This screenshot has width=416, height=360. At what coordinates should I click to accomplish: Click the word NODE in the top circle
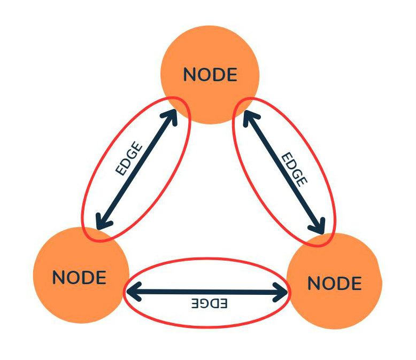210,75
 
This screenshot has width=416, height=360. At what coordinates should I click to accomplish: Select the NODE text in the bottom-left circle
79,277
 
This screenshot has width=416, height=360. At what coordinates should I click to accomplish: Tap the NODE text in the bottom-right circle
335,283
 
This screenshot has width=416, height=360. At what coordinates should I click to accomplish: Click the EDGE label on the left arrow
129,159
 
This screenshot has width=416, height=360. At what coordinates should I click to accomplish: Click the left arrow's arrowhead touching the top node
172,116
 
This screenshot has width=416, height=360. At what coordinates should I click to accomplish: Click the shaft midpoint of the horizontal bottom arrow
207,292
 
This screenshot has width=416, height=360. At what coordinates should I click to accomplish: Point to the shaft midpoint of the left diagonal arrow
137,168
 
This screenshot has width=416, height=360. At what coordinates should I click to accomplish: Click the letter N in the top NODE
190,75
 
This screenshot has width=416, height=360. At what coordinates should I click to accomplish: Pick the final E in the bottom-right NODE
356,283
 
